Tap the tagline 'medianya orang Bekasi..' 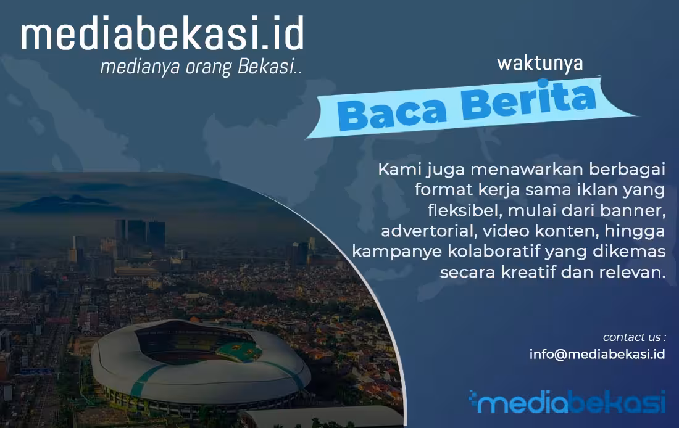point(201,67)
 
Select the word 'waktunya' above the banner point(539,63)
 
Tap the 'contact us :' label point(634,337)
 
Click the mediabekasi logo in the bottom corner point(567,402)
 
